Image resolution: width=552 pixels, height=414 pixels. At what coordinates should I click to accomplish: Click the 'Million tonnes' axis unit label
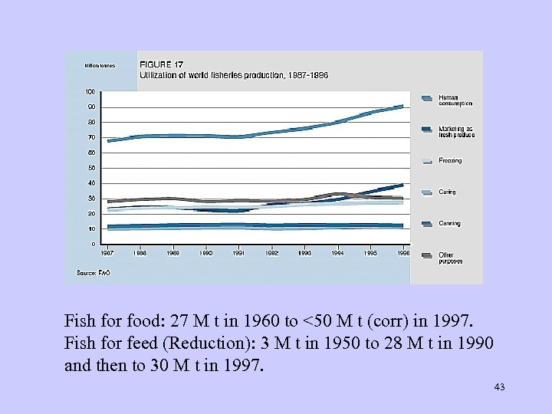click(x=100, y=65)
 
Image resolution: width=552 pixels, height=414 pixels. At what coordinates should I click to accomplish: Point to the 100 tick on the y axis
click(x=90, y=91)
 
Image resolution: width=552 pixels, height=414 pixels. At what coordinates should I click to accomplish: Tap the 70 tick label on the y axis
click(x=91, y=137)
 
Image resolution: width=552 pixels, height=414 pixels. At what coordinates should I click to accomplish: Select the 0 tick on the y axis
click(x=93, y=244)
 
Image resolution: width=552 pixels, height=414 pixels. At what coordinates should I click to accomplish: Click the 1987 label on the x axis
click(x=108, y=252)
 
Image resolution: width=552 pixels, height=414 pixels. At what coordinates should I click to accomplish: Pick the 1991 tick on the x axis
click(x=238, y=252)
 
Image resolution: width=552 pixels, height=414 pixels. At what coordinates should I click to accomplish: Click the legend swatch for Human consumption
click(x=426, y=98)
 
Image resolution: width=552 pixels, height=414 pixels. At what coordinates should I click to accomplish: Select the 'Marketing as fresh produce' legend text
click(x=456, y=132)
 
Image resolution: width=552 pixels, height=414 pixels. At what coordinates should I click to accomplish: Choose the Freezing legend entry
click(x=450, y=161)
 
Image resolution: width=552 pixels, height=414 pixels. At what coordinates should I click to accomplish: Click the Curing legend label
click(x=447, y=192)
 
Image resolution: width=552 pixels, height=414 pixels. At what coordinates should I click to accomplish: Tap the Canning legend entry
click(x=449, y=224)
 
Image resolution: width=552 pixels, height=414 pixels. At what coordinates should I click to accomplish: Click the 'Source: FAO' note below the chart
click(x=90, y=272)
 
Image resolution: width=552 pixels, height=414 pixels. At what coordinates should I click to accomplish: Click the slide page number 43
click(x=499, y=387)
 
